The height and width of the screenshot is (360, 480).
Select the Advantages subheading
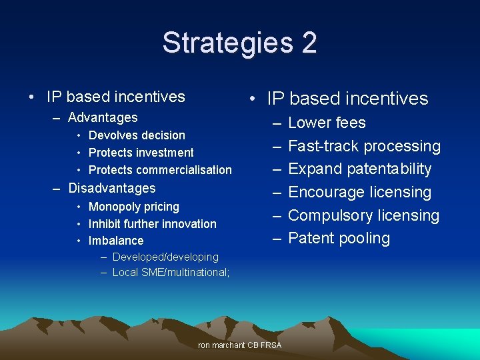point(103,118)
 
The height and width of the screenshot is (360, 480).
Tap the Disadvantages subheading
point(112,188)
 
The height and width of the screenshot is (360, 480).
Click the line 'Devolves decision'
point(137,135)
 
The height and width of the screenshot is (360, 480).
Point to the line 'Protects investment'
point(141,153)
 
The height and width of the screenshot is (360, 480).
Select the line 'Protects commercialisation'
point(160,170)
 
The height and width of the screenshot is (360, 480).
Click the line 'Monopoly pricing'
point(133,207)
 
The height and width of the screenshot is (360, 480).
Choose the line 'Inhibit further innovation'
point(152,224)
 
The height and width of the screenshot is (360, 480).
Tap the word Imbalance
point(115,241)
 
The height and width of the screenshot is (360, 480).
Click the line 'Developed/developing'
point(165,257)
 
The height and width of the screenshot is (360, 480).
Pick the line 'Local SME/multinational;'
point(171,272)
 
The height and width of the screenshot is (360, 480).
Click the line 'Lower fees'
point(327,123)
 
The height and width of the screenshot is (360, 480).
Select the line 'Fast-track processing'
point(364,146)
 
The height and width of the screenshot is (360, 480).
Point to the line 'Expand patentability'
point(359,169)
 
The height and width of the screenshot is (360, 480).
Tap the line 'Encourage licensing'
point(359,192)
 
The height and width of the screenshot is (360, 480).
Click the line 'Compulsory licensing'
point(363,215)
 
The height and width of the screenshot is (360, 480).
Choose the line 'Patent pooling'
point(339,238)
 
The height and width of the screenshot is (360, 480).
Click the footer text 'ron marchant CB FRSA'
point(240,345)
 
